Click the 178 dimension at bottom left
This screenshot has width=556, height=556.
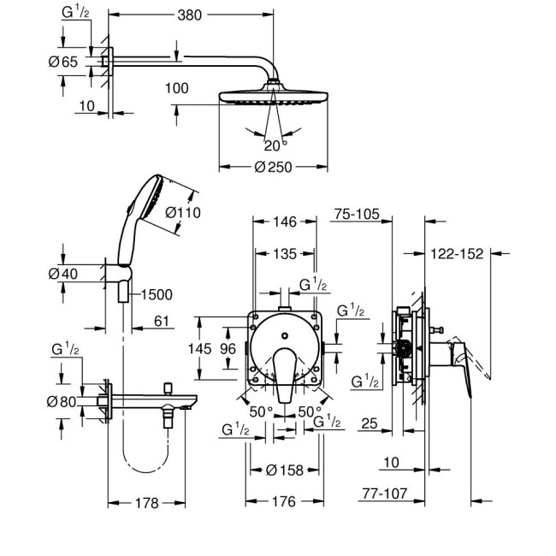(147, 503)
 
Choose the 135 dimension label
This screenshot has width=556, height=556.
(287, 253)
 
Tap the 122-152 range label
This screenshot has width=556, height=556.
(458, 253)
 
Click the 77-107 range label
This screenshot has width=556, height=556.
(405, 494)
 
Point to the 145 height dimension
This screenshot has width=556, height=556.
(199, 348)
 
